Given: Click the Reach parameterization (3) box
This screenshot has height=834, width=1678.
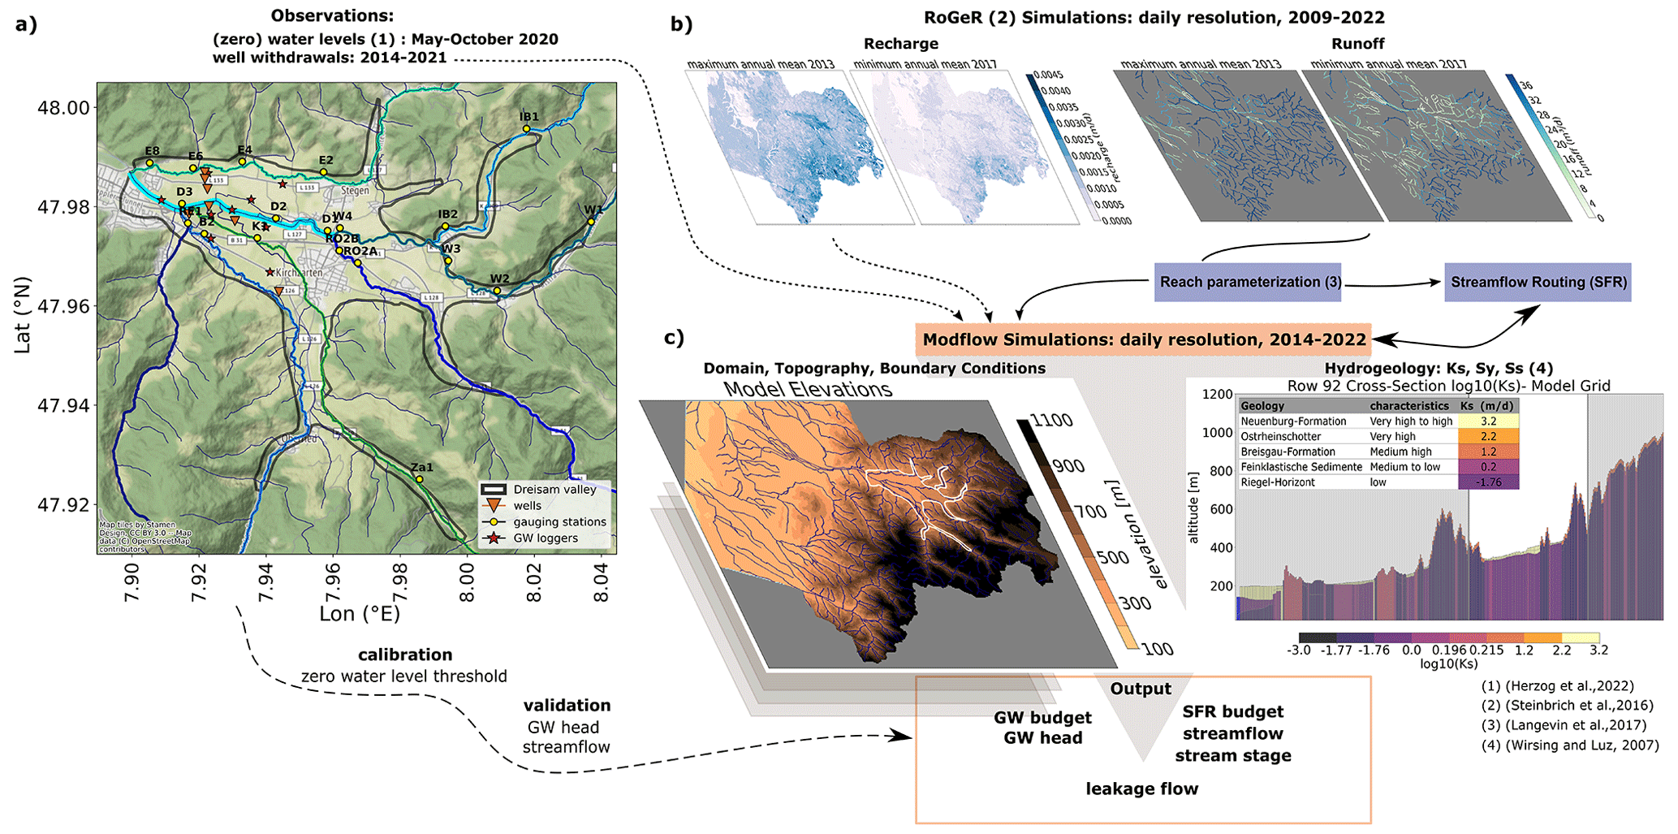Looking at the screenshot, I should (1247, 282).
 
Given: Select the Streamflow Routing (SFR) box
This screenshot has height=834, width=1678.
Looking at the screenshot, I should (1538, 282).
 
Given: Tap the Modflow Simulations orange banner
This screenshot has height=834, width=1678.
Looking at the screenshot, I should (1143, 339).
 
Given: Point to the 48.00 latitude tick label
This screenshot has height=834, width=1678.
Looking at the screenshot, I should (63, 108).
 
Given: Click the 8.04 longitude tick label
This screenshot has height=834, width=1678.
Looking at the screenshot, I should (601, 584).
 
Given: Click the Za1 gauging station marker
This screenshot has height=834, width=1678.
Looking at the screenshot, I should (420, 479).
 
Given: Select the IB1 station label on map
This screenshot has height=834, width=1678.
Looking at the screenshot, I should (528, 117).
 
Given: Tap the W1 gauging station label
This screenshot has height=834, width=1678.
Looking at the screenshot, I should (593, 210).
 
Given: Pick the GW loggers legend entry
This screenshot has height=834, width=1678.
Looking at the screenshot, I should (546, 538).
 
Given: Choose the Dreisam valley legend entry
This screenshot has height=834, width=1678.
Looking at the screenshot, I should (554, 490).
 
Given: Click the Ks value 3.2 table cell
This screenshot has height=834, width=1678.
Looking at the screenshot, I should (1488, 421).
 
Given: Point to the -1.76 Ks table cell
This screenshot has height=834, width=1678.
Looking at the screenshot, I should (1488, 482).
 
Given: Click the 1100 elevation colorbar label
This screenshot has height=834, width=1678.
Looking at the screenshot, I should (1051, 421).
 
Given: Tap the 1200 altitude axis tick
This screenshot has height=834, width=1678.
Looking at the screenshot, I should (1217, 394).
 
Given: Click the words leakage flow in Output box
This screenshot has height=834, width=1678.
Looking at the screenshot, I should (1141, 789).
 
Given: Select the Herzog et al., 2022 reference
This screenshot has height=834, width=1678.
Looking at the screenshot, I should (1557, 686).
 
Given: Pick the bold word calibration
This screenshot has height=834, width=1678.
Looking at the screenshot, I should (405, 655).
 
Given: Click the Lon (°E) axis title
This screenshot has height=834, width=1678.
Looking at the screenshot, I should (360, 614).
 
